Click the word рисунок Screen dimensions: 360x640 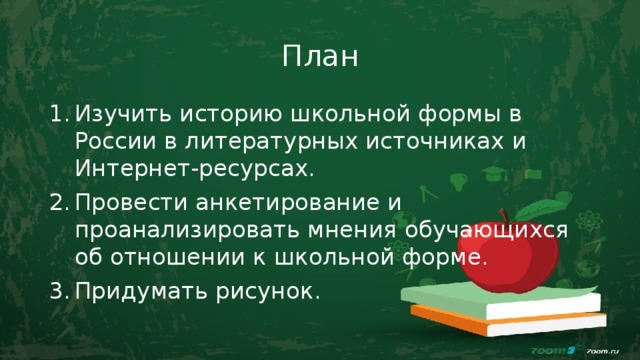click(x=269, y=292)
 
